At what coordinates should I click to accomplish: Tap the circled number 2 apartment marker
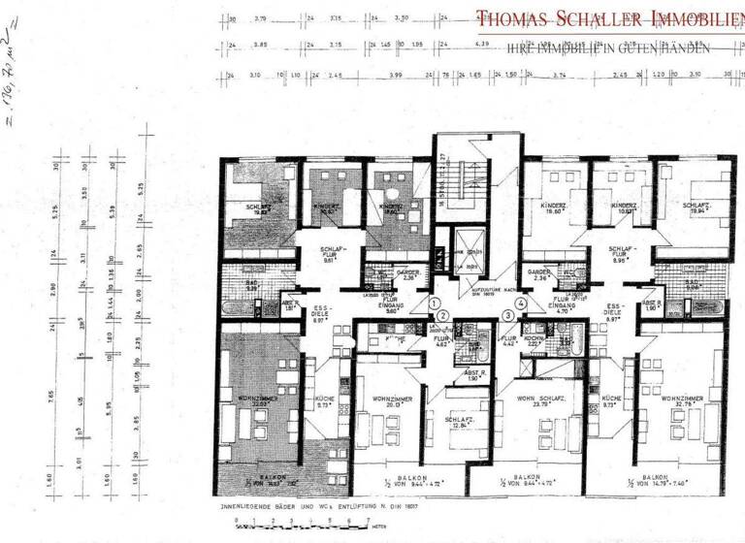point(442,317)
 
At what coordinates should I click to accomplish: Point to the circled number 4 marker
point(521,303)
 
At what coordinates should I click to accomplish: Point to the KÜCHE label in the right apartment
point(610,400)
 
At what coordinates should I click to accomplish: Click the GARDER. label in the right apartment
point(538,273)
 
